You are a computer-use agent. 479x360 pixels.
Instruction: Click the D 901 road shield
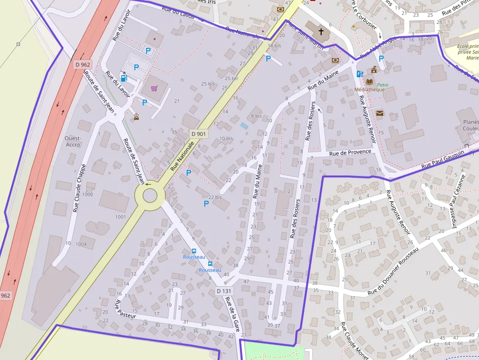198,134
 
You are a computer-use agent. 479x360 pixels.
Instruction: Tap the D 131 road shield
224,291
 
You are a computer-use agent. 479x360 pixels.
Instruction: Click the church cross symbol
321,32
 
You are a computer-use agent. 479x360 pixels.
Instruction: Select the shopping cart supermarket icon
154,88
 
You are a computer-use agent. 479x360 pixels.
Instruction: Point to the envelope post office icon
380,113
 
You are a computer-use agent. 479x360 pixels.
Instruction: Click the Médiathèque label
370,89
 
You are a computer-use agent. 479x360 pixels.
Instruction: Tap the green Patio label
382,85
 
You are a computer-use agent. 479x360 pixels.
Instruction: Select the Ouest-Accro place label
73,141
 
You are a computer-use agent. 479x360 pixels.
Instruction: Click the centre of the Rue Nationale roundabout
150,196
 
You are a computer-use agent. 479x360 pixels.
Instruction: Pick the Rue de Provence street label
350,152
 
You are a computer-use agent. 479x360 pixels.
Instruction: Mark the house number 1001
120,217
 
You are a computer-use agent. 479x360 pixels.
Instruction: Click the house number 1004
81,244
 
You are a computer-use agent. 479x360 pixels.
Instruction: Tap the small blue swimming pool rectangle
244,126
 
